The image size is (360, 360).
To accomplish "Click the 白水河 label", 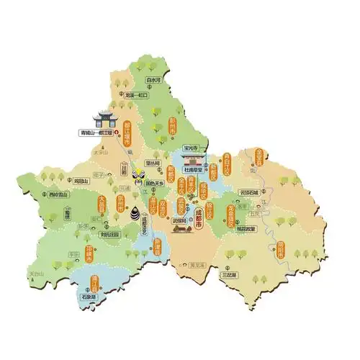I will pyautogui.click(x=152, y=81).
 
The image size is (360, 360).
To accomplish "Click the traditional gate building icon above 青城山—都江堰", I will pyautogui.click(x=103, y=117).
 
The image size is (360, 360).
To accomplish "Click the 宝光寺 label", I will pyautogui.click(x=193, y=148).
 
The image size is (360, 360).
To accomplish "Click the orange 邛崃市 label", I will pyautogui.click(x=90, y=254).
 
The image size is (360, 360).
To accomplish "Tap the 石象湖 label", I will pyautogui.click(x=90, y=295).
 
